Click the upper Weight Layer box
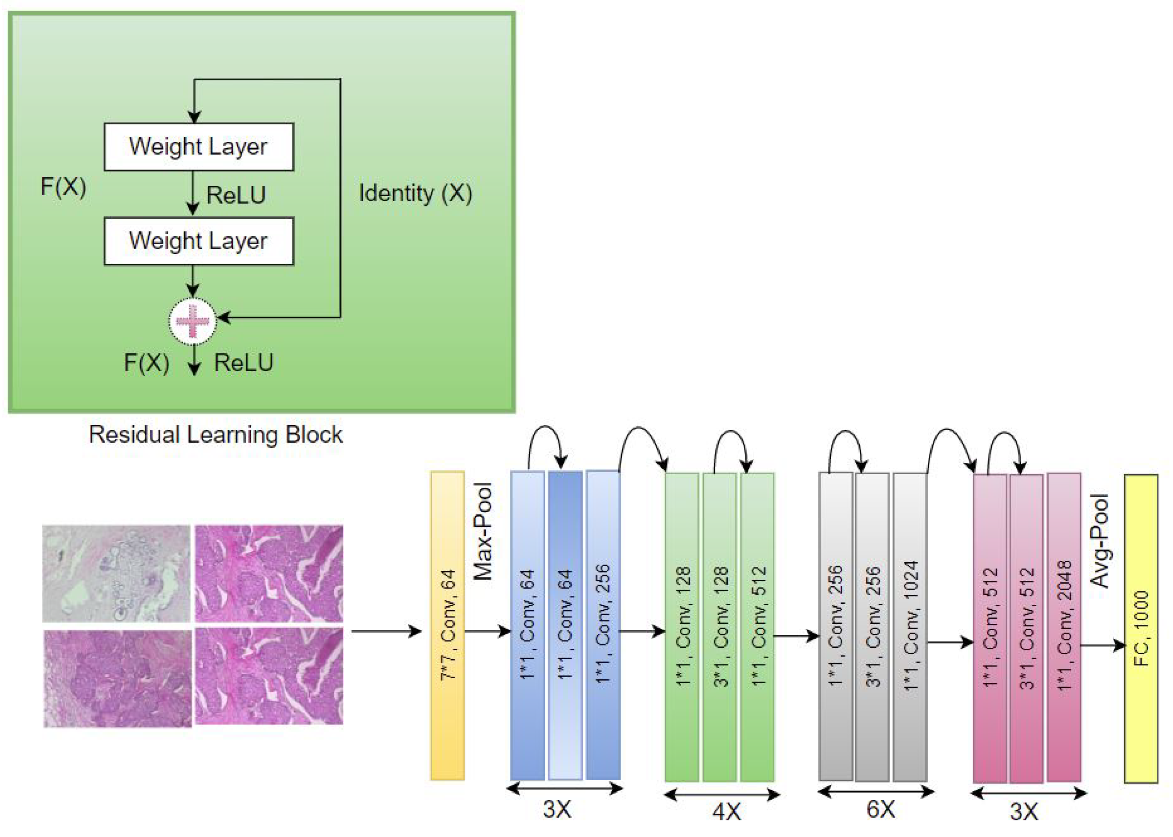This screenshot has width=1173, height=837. pos(199,147)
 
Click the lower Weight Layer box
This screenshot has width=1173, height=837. pos(199,241)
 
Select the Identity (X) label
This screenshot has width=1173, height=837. pos(415,194)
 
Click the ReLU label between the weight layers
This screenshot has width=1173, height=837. pos(236,195)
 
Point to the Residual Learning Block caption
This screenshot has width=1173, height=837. pos(215,435)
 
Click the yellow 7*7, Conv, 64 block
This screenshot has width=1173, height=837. pos(447,625)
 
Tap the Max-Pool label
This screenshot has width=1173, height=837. pos(483,531)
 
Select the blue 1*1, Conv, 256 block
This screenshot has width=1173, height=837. pos(603,625)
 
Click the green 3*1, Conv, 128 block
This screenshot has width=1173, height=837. pos(720,626)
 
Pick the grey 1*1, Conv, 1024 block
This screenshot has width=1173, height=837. pos(910,626)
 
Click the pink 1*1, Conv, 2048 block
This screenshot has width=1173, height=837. pos(1064,627)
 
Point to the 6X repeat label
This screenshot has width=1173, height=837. pos(880,810)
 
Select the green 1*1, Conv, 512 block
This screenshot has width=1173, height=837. pos(757,626)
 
